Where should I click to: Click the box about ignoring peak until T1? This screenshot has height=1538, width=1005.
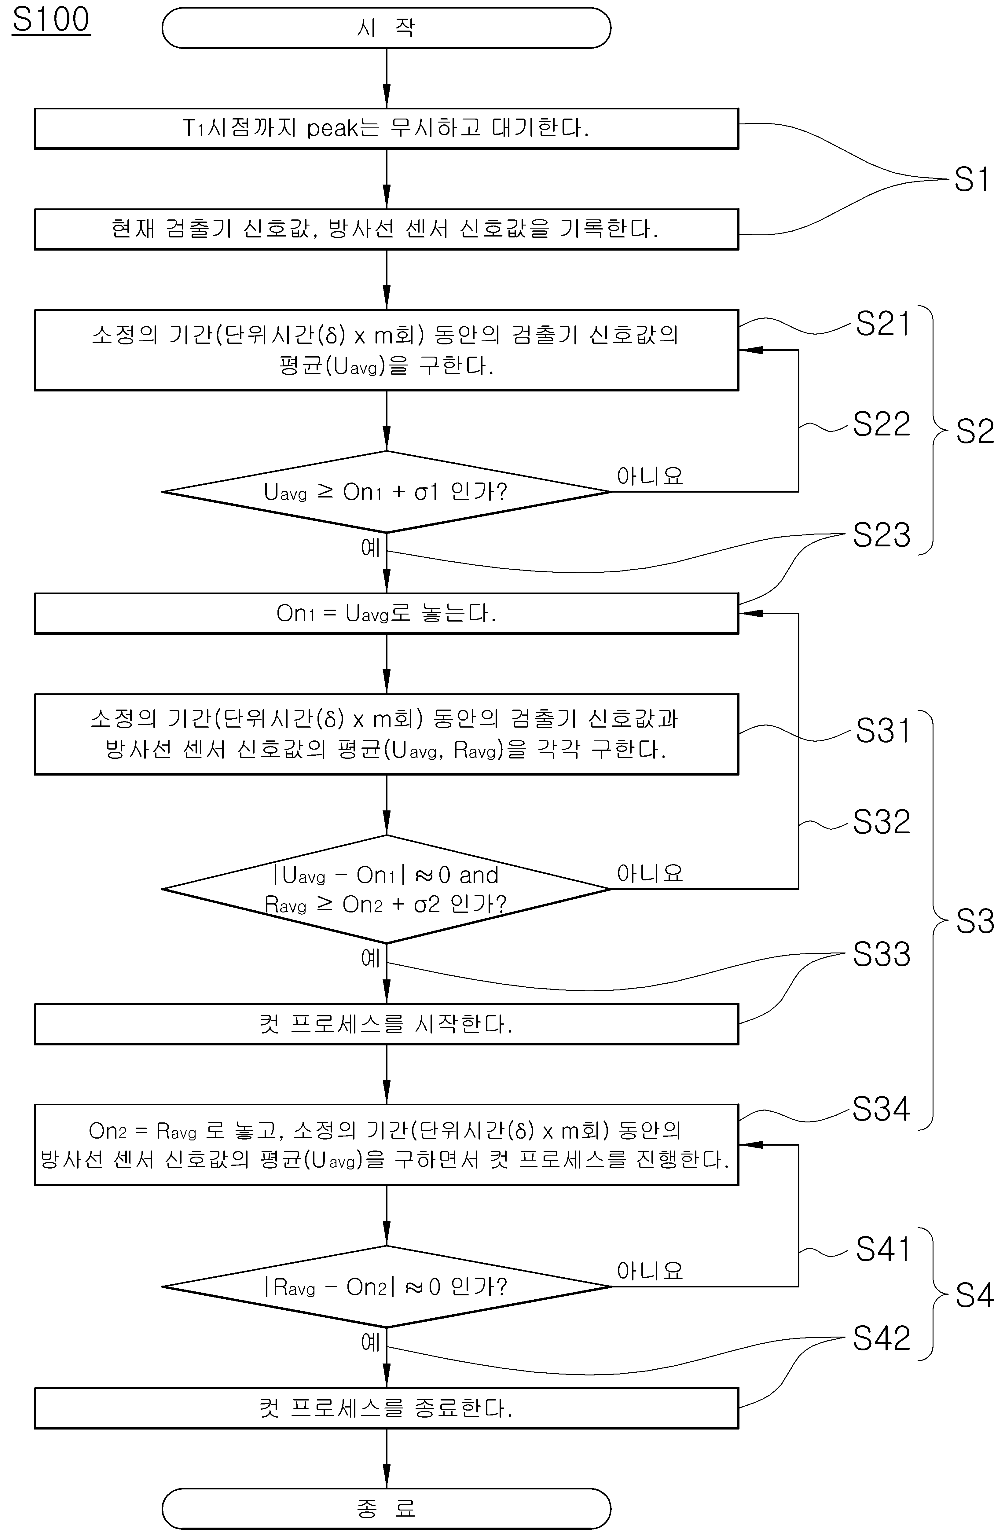pos(387,129)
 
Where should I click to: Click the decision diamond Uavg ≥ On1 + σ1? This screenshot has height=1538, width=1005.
pos(387,492)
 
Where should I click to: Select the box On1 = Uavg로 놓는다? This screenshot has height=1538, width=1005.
pos(387,613)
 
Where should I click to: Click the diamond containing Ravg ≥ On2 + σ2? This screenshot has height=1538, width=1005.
pos(387,889)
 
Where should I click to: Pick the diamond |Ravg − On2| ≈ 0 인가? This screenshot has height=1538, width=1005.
pos(387,1287)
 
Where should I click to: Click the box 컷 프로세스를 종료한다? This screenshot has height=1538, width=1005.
pos(387,1408)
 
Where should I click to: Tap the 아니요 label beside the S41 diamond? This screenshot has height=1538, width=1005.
pos(650,1271)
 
